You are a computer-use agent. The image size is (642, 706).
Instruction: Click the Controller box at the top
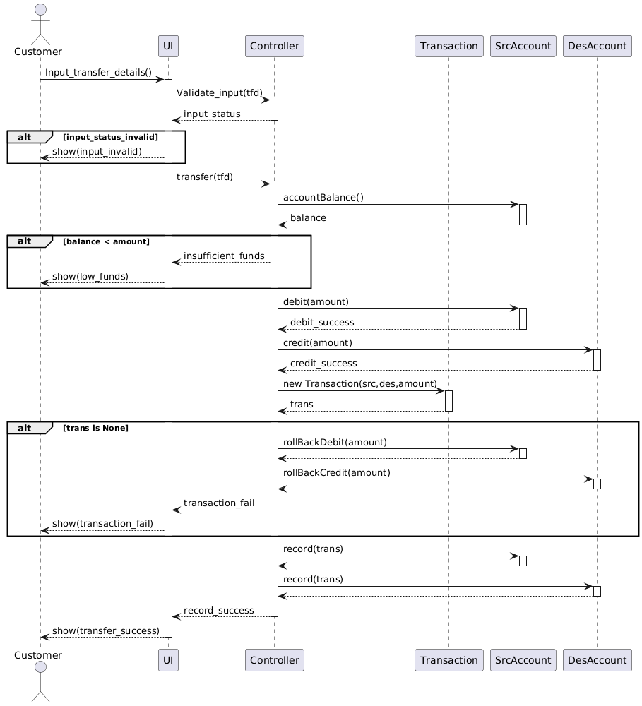click(x=274, y=46)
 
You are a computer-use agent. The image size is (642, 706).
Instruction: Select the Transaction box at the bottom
click(x=448, y=660)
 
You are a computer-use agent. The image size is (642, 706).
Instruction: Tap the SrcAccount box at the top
click(x=523, y=46)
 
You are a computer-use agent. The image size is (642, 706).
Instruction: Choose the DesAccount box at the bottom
click(x=598, y=660)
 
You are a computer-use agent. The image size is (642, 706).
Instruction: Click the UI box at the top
click(x=168, y=46)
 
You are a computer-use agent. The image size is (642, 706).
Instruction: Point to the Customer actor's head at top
click(x=40, y=10)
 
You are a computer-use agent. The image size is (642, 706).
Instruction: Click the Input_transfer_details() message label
click(x=98, y=72)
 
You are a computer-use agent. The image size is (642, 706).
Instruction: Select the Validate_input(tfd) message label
click(x=220, y=92)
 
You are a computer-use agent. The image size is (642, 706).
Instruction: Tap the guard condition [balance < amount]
click(x=107, y=241)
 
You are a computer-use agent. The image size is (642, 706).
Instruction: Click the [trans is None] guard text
click(x=95, y=429)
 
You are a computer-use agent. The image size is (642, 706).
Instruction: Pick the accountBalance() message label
click(x=323, y=197)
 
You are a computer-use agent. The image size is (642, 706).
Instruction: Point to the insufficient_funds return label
click(x=224, y=256)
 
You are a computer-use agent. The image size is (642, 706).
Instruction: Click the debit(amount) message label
click(x=316, y=301)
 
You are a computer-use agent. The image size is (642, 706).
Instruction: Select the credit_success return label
click(x=323, y=364)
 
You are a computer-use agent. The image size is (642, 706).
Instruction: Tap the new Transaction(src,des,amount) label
click(x=360, y=383)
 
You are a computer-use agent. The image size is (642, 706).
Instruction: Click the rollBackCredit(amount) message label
click(x=337, y=473)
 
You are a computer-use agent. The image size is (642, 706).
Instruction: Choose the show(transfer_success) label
click(x=106, y=630)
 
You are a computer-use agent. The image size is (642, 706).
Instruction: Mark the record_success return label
click(x=218, y=611)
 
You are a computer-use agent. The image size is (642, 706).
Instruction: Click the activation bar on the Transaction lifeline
click(x=448, y=401)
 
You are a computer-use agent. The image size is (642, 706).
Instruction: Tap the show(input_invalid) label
click(x=97, y=151)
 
